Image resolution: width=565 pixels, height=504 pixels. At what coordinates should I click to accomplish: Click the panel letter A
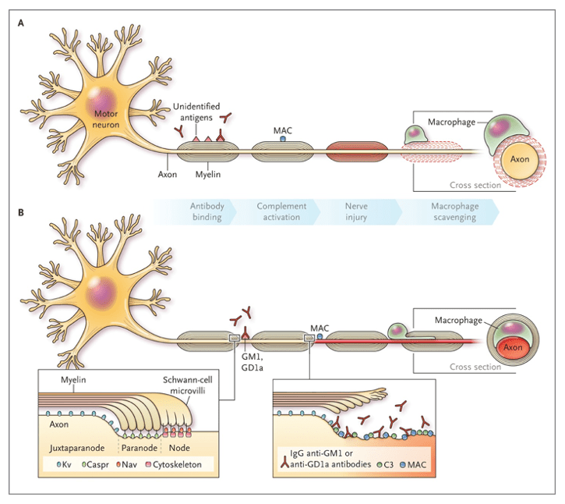click(21, 23)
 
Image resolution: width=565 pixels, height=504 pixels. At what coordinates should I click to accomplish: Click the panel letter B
click(21, 210)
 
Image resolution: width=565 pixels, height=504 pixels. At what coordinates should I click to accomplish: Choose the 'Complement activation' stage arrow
click(281, 211)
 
